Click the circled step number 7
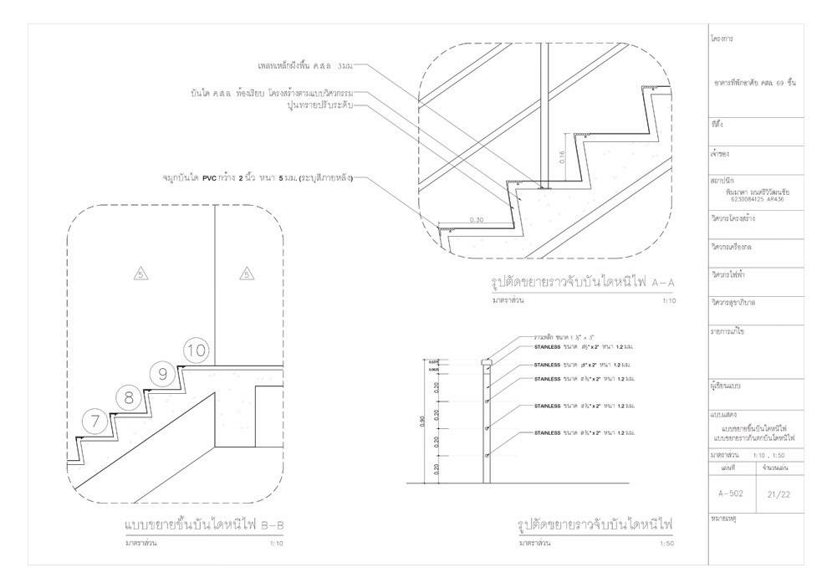(96, 422)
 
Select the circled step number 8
(129, 398)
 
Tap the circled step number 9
(162, 375)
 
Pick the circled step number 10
(195, 351)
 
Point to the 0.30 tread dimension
(477, 220)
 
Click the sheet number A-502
(731, 493)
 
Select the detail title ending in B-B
(204, 526)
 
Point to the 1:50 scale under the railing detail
(666, 544)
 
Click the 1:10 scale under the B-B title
(276, 544)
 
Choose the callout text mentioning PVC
(258, 178)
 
